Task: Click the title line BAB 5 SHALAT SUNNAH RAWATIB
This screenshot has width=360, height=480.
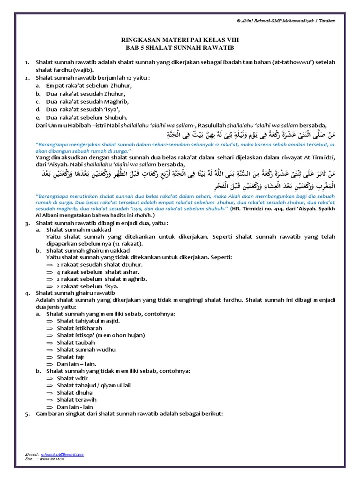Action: [180, 48]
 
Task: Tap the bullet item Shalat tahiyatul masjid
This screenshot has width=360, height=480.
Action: [88, 321]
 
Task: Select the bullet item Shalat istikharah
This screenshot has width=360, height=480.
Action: [80, 328]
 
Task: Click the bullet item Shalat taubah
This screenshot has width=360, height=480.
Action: [76, 343]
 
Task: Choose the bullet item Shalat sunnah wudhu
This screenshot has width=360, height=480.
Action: [86, 350]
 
